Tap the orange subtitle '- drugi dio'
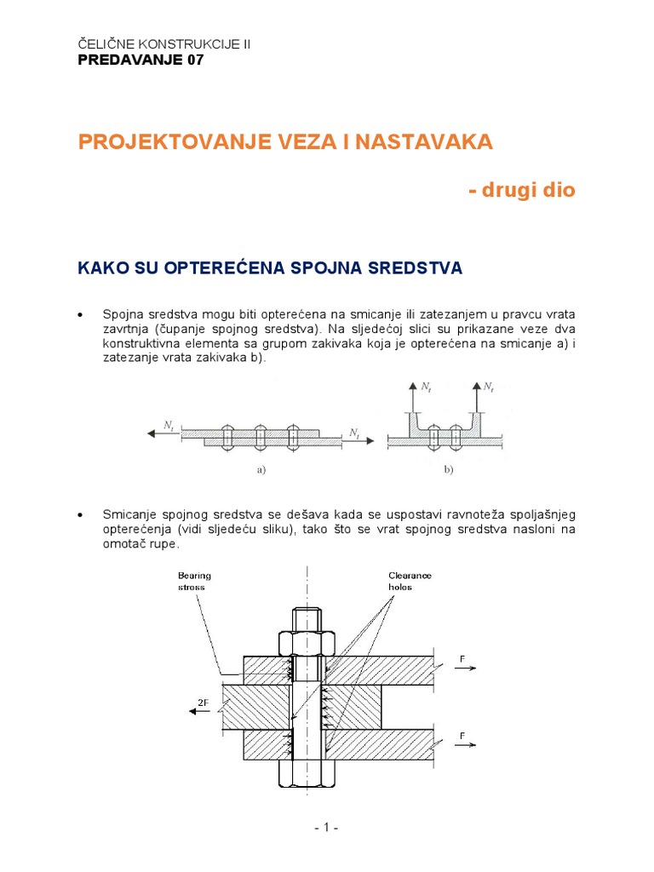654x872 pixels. point(521,190)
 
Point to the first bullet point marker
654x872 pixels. point(81,315)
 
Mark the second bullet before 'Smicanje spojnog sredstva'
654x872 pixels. point(81,516)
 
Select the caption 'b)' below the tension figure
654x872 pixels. point(448,470)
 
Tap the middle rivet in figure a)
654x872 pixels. point(261,438)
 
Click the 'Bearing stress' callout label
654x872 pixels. point(194,581)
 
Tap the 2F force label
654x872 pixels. point(203,703)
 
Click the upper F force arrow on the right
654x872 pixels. point(463,669)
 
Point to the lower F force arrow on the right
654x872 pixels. point(463,743)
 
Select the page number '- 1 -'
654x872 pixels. point(326,828)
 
